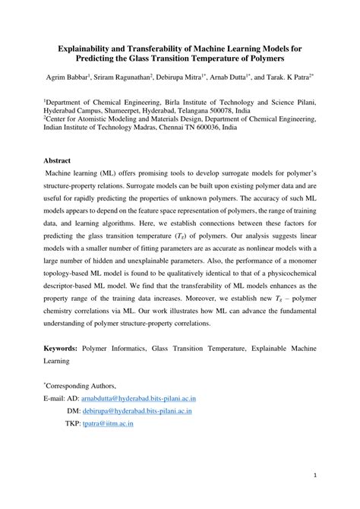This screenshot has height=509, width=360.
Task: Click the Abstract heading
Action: pyautogui.click(x=57, y=161)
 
